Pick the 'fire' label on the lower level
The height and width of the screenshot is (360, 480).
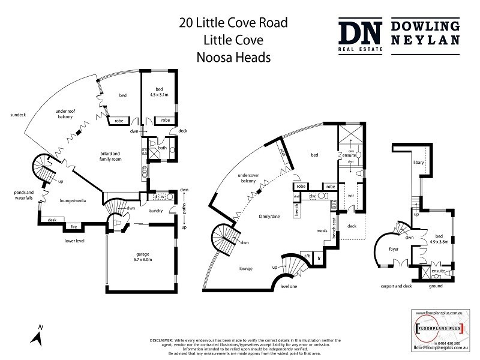point(74,227)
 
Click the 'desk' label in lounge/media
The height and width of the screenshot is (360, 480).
point(52,220)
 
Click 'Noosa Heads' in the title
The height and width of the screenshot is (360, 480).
point(234,58)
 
